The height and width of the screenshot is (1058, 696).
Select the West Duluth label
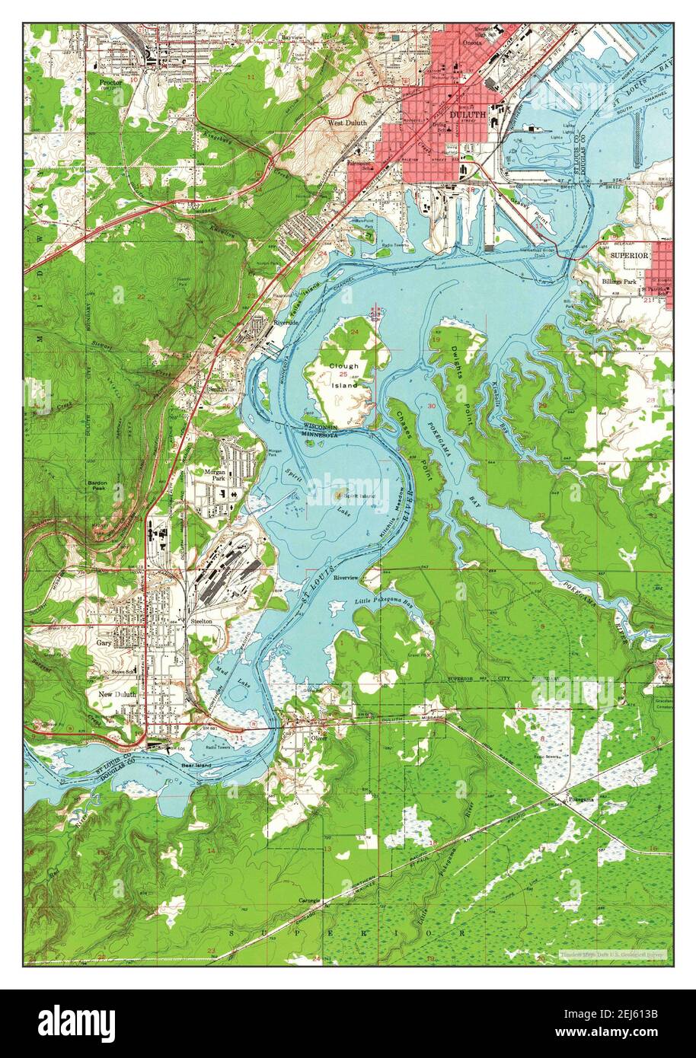pyautogui.click(x=346, y=123)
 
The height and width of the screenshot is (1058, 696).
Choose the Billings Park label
pyautogui.click(x=620, y=282)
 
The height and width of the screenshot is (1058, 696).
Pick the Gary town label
pyautogui.click(x=104, y=643)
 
